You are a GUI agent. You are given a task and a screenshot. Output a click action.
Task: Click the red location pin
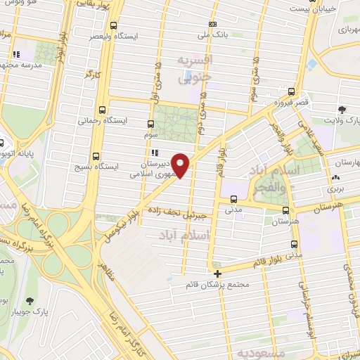pos(181,165)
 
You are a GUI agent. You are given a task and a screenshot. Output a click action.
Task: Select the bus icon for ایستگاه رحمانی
pos(103,110)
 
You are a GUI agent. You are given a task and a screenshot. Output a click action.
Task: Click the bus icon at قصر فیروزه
pos(291,91)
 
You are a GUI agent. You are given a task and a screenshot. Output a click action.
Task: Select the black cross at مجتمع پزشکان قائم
pos(218,274)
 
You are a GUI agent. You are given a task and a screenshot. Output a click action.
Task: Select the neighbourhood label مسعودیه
pos(259,350)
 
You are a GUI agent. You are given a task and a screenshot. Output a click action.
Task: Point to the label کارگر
pos(91,72)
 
